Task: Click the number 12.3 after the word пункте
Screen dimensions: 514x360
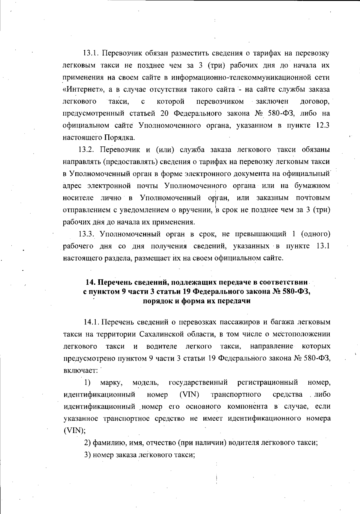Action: click(x=323, y=125)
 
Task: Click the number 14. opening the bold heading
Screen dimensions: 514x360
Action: click(x=90, y=282)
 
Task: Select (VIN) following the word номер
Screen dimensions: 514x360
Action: click(x=189, y=395)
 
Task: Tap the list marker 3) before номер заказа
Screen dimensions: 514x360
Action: click(x=87, y=455)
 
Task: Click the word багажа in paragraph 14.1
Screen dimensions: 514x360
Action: click(x=284, y=322)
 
